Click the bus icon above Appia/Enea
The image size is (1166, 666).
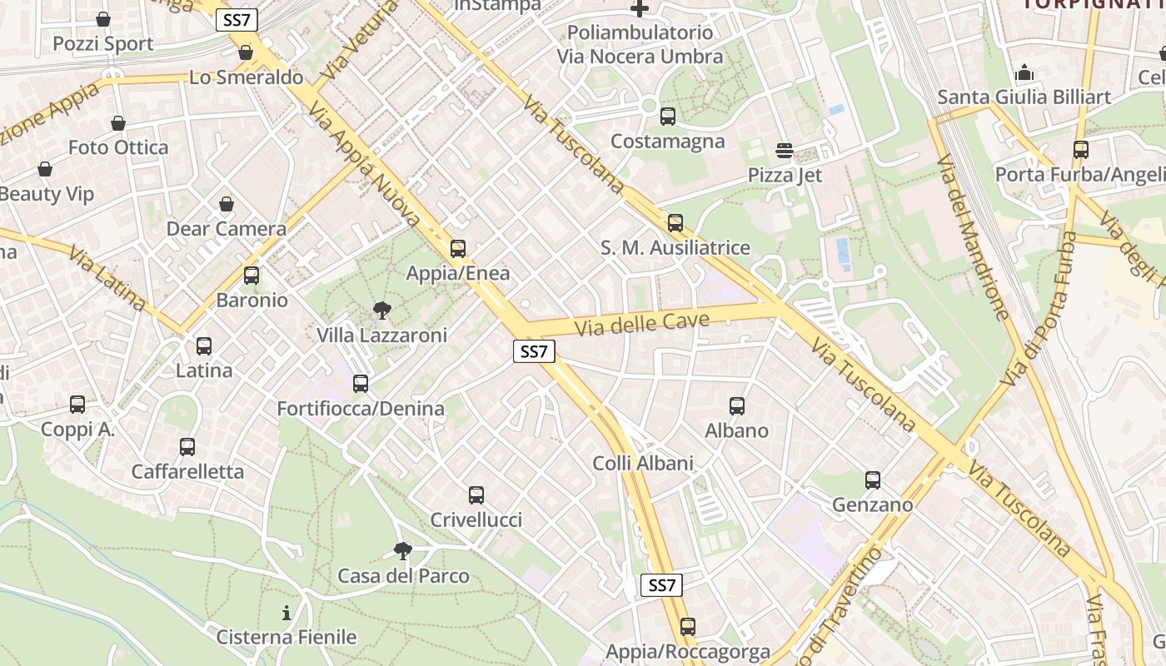tap(457, 248)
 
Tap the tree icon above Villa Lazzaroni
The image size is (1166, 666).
tap(382, 311)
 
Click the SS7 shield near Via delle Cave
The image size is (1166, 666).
tap(533, 351)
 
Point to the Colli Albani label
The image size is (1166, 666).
tap(642, 463)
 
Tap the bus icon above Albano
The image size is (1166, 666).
tap(736, 406)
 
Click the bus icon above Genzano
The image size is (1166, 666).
tap(872, 480)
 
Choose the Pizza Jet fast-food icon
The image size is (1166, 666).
tap(784, 151)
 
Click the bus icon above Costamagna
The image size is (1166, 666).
tap(667, 117)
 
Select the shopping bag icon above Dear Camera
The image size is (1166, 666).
tap(226, 204)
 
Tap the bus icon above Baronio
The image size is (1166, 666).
tap(252, 276)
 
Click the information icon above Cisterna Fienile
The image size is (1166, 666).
tap(287, 614)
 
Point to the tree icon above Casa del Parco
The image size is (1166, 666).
tap(403, 550)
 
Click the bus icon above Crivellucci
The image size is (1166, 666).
tap(476, 495)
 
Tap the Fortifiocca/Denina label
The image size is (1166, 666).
tap(360, 409)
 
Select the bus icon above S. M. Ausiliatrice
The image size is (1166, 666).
tap(675, 223)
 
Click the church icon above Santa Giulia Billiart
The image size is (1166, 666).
tap(1024, 72)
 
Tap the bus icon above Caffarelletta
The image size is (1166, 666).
tap(187, 447)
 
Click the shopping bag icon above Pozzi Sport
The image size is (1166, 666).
tap(103, 19)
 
